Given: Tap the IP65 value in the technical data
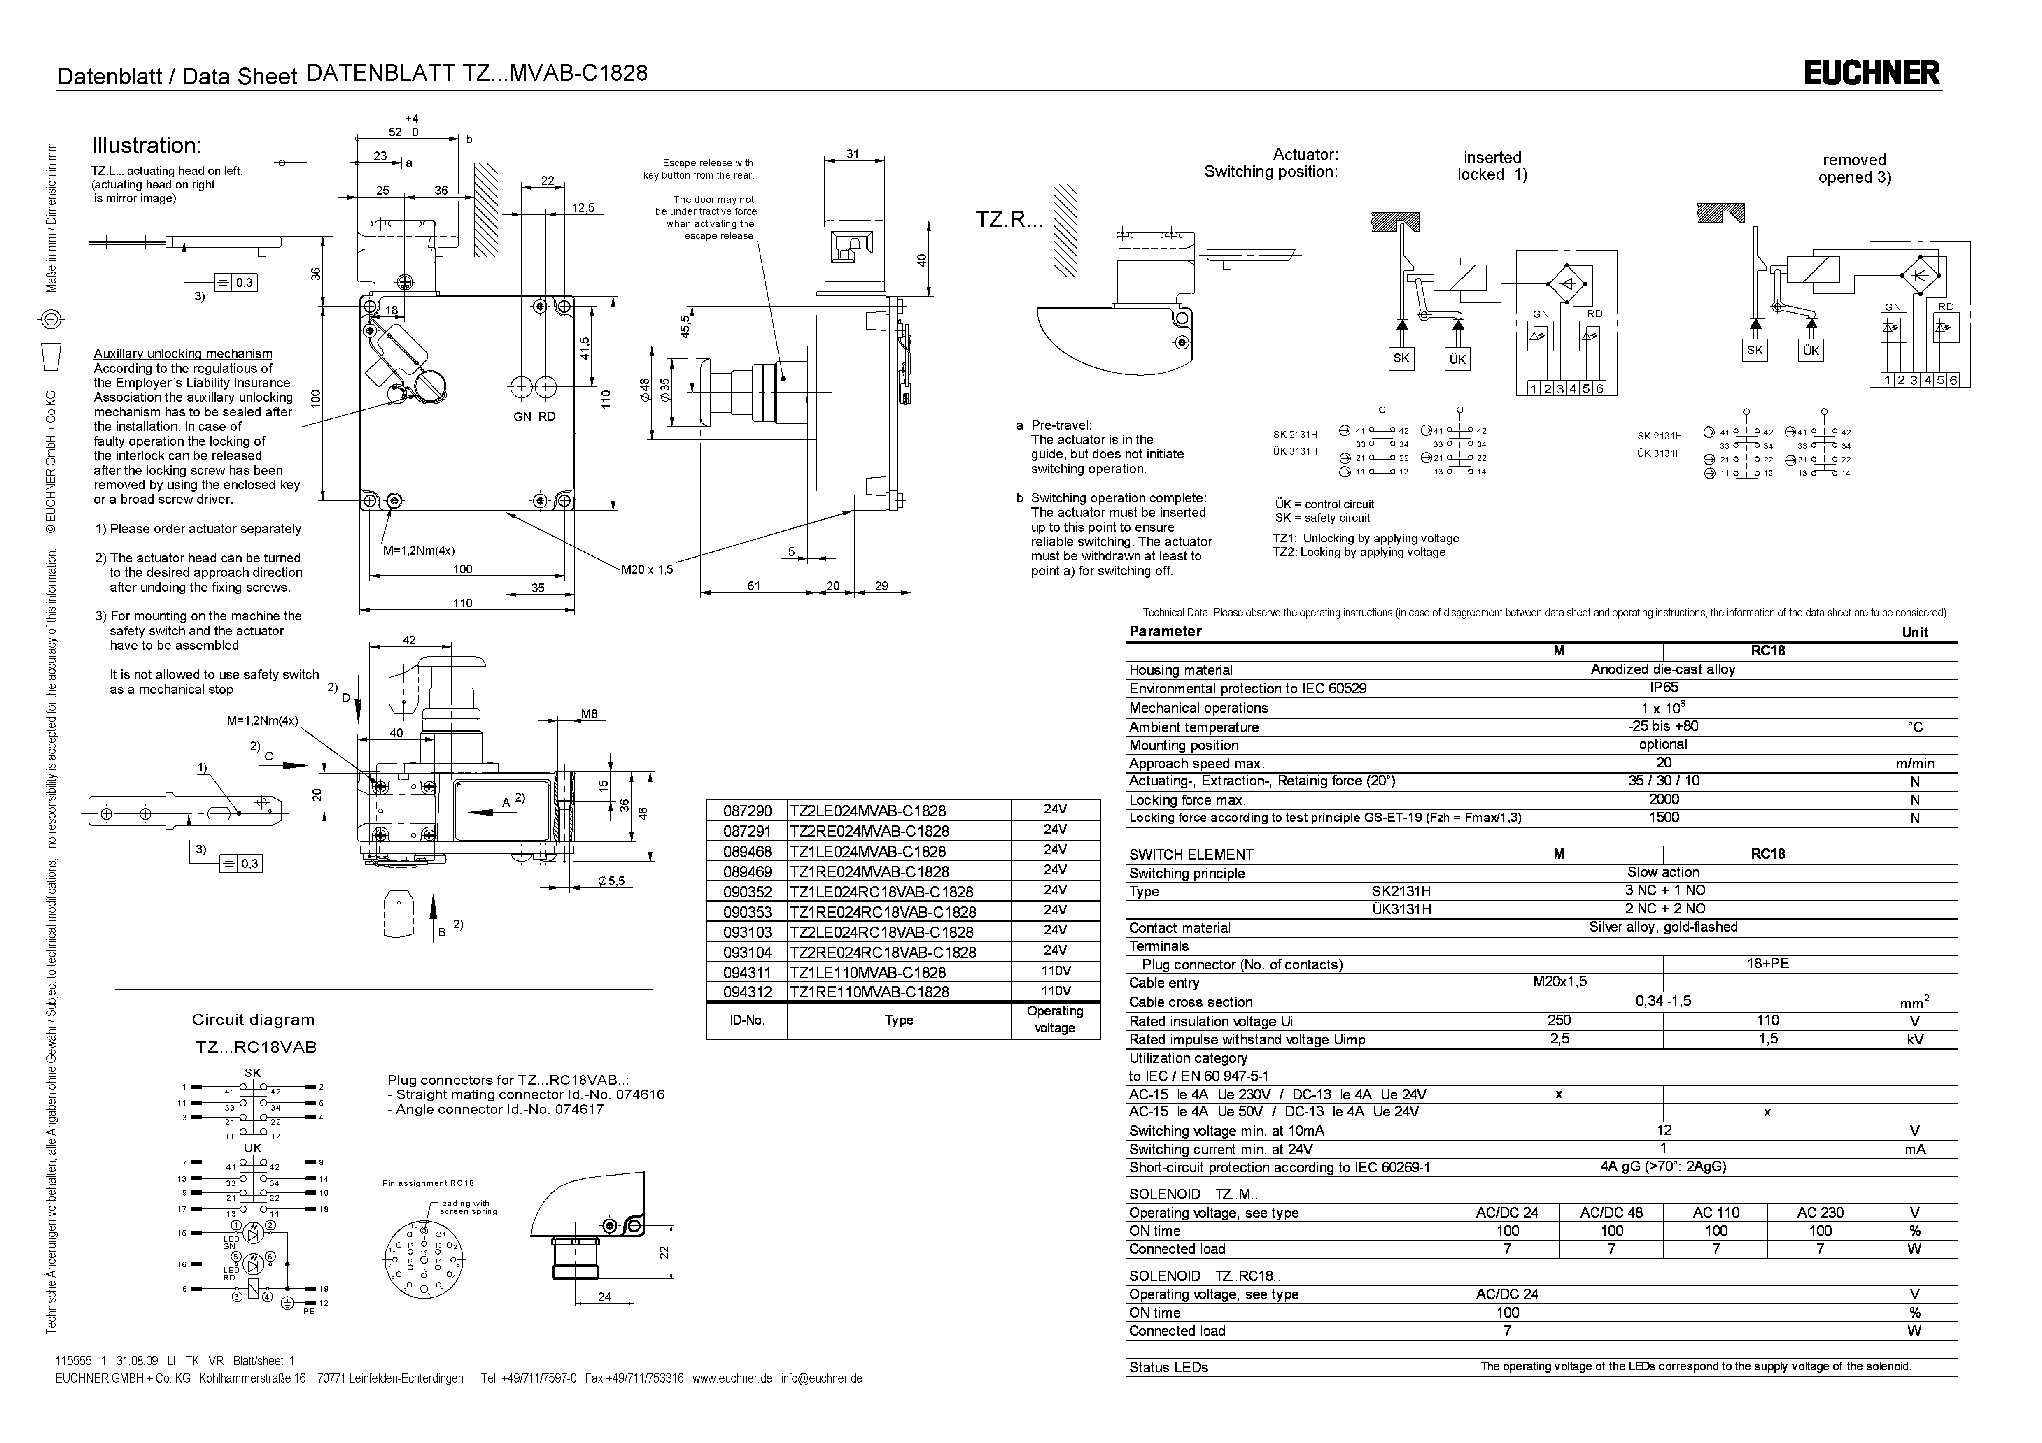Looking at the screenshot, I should pos(1663,688).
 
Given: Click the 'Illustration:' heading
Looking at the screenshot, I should pos(148,146).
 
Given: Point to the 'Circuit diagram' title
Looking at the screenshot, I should pos(254,1020).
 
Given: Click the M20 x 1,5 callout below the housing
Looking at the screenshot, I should pos(647,570).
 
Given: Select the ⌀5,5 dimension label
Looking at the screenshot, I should pos(612,881).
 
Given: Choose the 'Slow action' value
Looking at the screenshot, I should pos(1663,872).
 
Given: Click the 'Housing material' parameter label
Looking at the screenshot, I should pos(1181,670).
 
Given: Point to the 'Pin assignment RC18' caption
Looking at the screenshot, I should pos(429,1183).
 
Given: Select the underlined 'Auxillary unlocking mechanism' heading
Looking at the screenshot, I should pos(183,354).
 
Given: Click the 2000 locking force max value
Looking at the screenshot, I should pos(1663,799).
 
